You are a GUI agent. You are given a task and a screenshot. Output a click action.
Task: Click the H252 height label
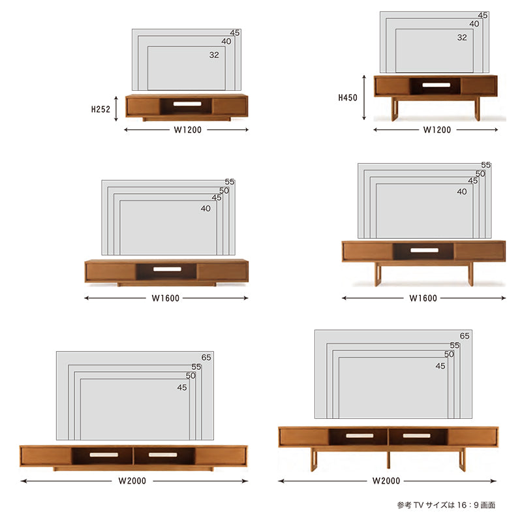[100, 109]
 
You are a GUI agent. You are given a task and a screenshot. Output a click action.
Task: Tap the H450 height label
[348, 97]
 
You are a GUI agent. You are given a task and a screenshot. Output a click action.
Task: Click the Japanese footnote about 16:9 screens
[446, 505]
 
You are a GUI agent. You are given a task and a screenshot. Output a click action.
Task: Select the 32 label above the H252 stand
[214, 55]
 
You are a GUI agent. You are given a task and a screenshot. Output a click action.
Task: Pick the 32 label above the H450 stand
[462, 37]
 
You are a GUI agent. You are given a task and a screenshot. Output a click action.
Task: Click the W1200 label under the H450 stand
[437, 130]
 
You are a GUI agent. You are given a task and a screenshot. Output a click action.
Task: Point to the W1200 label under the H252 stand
[187, 130]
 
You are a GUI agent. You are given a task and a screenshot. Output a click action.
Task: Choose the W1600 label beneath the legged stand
[423, 298]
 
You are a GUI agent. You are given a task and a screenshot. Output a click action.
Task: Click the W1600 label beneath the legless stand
[166, 298]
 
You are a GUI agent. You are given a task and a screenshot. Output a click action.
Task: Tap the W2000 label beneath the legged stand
[386, 481]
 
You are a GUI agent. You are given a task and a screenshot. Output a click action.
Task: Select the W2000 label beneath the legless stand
[132, 481]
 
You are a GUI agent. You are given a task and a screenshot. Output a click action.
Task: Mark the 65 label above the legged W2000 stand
[465, 336]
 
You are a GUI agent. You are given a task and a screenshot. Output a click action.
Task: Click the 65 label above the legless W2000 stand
[206, 357]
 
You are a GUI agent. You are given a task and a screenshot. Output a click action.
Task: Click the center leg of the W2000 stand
[388, 459]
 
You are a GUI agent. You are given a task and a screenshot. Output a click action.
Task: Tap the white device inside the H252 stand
[187, 104]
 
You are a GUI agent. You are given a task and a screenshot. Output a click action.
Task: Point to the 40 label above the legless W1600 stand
[206, 208]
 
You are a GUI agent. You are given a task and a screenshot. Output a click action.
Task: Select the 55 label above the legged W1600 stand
[485, 165]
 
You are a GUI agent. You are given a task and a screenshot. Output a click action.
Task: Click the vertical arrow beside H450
[364, 97]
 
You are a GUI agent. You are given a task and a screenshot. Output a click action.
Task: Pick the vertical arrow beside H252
[116, 108]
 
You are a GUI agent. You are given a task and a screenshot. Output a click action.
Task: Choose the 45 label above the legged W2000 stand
[440, 366]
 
